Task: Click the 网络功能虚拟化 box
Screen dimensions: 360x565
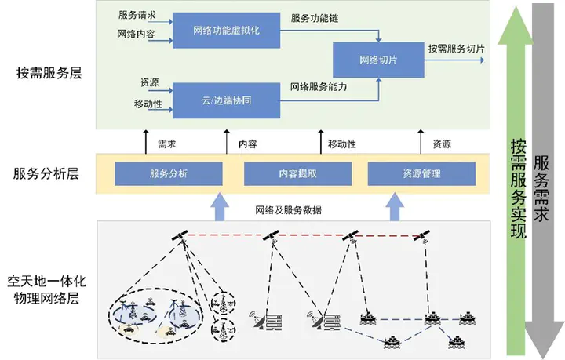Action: (225, 31)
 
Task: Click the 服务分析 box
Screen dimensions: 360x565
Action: (168, 173)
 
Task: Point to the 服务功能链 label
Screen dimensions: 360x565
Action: (315, 18)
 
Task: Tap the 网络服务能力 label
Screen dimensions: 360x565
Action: (318, 87)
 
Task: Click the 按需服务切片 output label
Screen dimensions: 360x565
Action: (456, 49)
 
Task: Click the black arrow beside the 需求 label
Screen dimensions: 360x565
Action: (145, 144)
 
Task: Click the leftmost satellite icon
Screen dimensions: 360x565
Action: (180, 236)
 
